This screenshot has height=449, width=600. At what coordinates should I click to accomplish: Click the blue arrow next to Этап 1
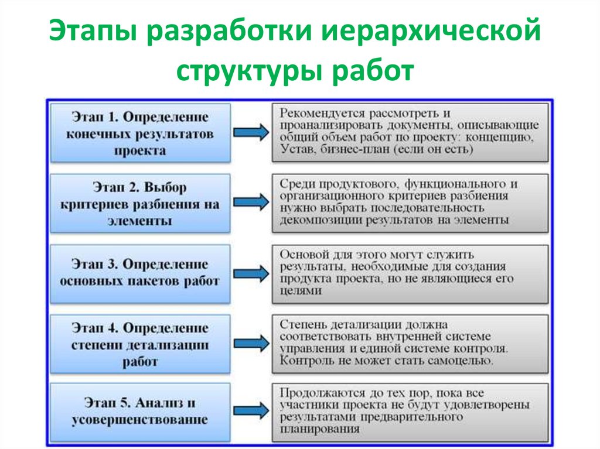point(250,133)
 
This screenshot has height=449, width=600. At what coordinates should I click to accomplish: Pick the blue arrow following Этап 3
point(250,273)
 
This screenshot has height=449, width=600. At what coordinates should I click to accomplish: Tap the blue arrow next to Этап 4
point(250,344)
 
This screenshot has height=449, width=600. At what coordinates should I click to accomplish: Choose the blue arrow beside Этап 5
point(250,412)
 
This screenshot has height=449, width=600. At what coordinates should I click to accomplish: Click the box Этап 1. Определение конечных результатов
point(140,133)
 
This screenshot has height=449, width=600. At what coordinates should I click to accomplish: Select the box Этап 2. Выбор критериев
point(140,204)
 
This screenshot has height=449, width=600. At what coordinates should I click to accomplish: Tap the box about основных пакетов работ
point(140,273)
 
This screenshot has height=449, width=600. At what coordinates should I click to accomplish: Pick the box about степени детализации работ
point(140,344)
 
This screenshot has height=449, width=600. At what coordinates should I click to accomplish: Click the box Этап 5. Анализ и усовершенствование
point(140,412)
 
